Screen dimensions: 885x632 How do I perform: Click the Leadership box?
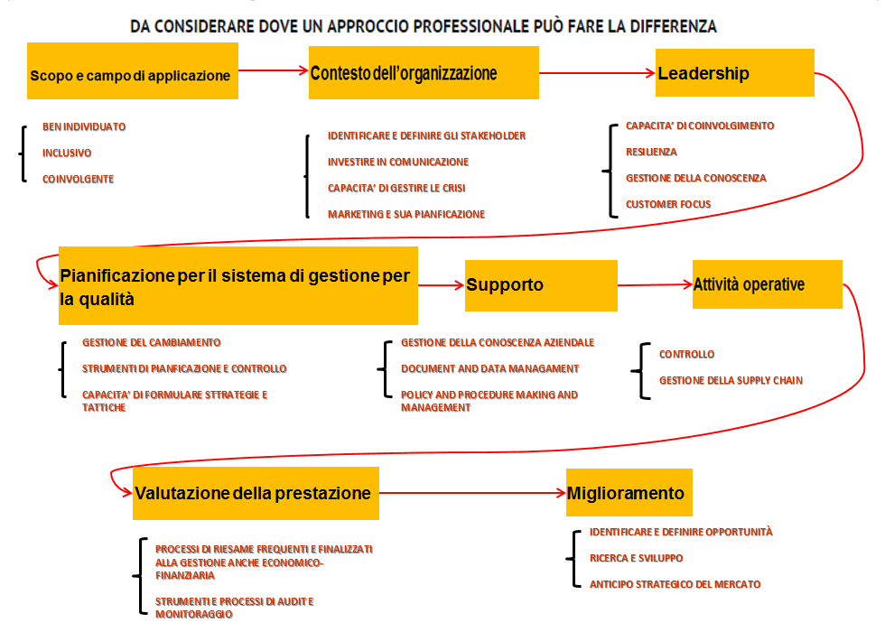pyautogui.click(x=734, y=73)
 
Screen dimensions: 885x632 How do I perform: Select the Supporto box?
pyautogui.click(x=541, y=285)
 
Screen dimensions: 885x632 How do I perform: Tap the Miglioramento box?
pyautogui.click(x=629, y=493)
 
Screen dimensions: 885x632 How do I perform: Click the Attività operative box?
pyautogui.click(x=767, y=284)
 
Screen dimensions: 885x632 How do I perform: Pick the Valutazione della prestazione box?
pyautogui.click(x=256, y=493)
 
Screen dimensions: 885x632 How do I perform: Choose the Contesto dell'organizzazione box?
pyautogui.click(x=424, y=73)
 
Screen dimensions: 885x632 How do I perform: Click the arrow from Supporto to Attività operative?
pyautogui.click(x=655, y=285)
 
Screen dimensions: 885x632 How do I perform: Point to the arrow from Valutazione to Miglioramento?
pyautogui.click(x=472, y=493)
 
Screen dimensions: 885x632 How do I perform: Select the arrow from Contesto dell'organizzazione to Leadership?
pyautogui.click(x=597, y=73)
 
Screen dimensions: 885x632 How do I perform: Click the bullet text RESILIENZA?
pyautogui.click(x=651, y=152)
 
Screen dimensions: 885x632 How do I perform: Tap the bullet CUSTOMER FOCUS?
pyautogui.click(x=668, y=204)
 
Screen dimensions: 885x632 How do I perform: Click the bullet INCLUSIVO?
pyautogui.click(x=67, y=153)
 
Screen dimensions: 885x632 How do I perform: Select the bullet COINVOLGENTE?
pyautogui.click(x=78, y=179)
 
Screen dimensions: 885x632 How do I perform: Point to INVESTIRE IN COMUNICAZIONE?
pyautogui.click(x=398, y=162)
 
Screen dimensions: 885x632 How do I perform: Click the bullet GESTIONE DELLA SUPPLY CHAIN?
pyautogui.click(x=731, y=380)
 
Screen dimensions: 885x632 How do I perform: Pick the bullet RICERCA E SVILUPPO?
pyautogui.click(x=636, y=558)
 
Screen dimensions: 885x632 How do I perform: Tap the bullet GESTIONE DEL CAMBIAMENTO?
pyautogui.click(x=152, y=342)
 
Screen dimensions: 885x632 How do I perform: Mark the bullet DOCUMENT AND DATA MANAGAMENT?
pyautogui.click(x=489, y=368)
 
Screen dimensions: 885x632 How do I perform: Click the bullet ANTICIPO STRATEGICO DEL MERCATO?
pyautogui.click(x=675, y=584)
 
